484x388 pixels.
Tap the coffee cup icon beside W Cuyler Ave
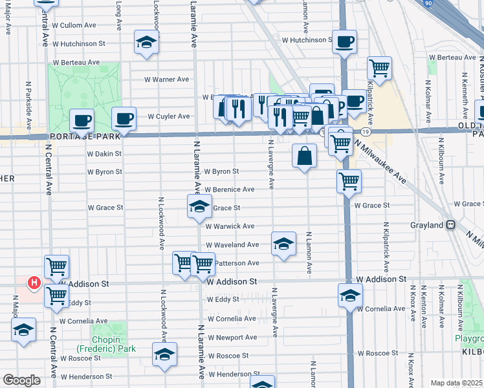(x=124, y=119)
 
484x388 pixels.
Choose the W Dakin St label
(x=105, y=154)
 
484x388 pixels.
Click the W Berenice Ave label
(x=230, y=189)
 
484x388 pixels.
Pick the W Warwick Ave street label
(x=230, y=226)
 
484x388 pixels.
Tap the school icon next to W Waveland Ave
(x=283, y=244)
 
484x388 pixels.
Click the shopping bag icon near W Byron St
(x=304, y=155)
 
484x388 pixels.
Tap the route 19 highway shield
(x=366, y=131)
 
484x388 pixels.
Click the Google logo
(x=21, y=380)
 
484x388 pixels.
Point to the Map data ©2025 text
(x=457, y=383)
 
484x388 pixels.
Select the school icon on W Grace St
(x=199, y=207)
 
